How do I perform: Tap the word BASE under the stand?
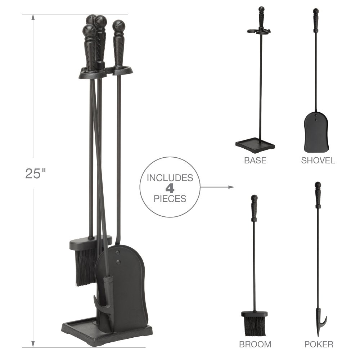[x=255, y=160]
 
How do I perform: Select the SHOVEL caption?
[x=318, y=160]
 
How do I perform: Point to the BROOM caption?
[x=255, y=344]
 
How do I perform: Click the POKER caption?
[x=319, y=344]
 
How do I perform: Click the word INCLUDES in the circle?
[x=170, y=178]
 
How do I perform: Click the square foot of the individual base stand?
[x=255, y=146]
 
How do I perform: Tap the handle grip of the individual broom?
[x=254, y=211]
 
